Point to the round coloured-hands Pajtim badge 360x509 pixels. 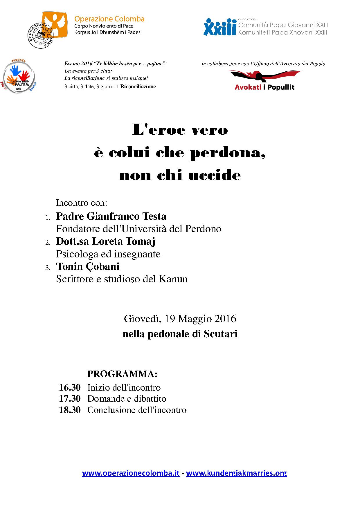tap(19, 77)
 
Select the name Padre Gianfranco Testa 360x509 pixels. tap(111, 216)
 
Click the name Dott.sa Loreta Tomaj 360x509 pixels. tap(106, 241)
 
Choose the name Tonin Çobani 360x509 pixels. tap(88, 266)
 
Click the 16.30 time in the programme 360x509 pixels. tap(70, 387)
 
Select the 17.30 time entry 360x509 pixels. tap(70, 398)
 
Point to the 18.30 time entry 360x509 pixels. tap(70, 410)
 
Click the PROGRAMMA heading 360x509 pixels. tap(122, 374)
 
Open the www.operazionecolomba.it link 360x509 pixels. tap(131, 473)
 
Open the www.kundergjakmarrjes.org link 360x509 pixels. tap(236, 473)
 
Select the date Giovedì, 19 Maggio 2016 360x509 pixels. tap(180, 319)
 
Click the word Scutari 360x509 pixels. tap(220, 334)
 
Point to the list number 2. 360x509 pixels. tap(48, 242)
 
